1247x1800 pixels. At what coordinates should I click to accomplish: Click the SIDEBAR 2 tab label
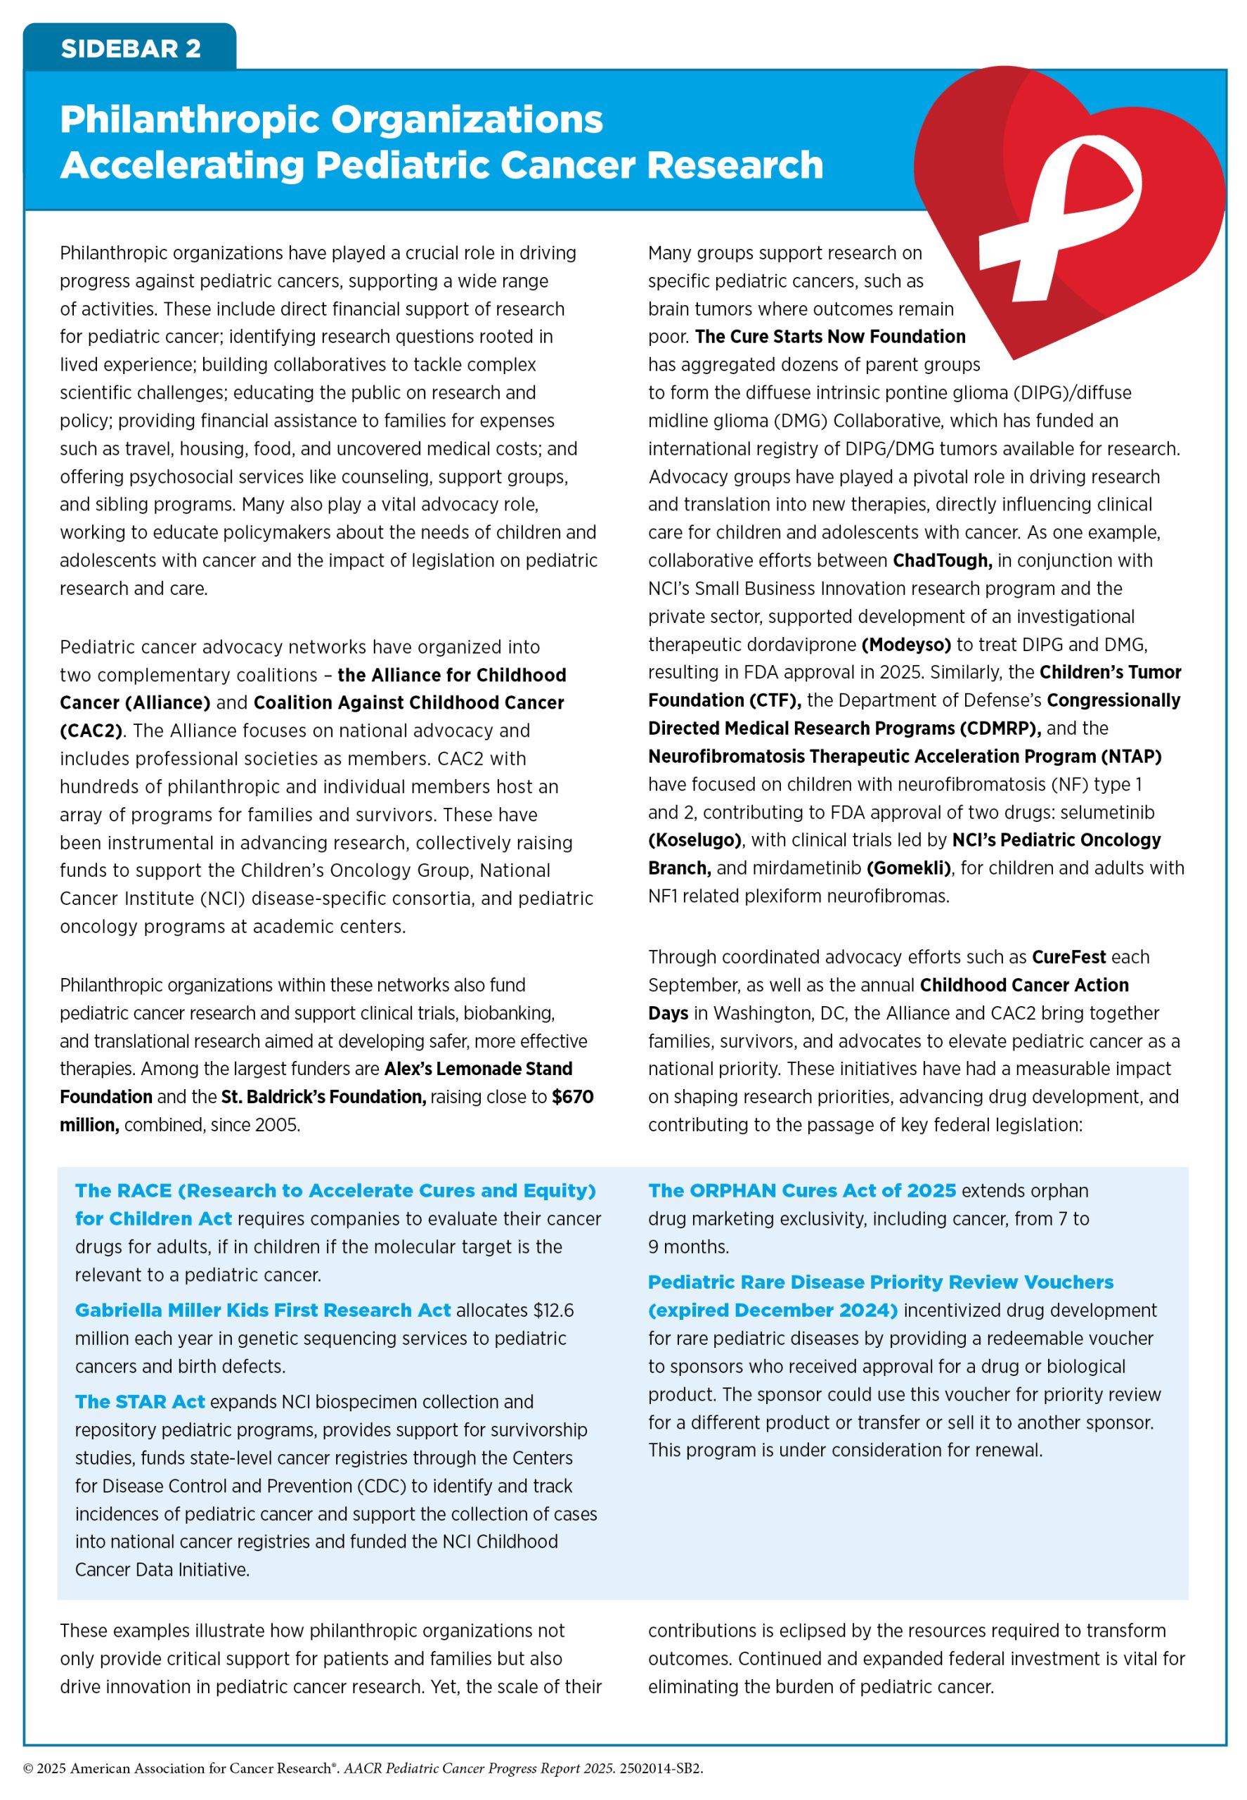click(x=131, y=49)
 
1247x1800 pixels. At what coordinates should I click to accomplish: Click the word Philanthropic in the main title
click(x=190, y=120)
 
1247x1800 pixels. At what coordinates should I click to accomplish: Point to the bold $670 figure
click(x=572, y=1097)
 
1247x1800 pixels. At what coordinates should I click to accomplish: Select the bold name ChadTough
click(x=941, y=560)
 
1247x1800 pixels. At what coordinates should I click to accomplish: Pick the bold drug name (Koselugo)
click(x=694, y=840)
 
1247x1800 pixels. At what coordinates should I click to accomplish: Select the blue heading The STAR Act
click(x=140, y=1402)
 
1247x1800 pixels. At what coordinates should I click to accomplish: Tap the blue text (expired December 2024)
click(x=772, y=1311)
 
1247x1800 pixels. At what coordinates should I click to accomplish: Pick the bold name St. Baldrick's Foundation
click(x=323, y=1097)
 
